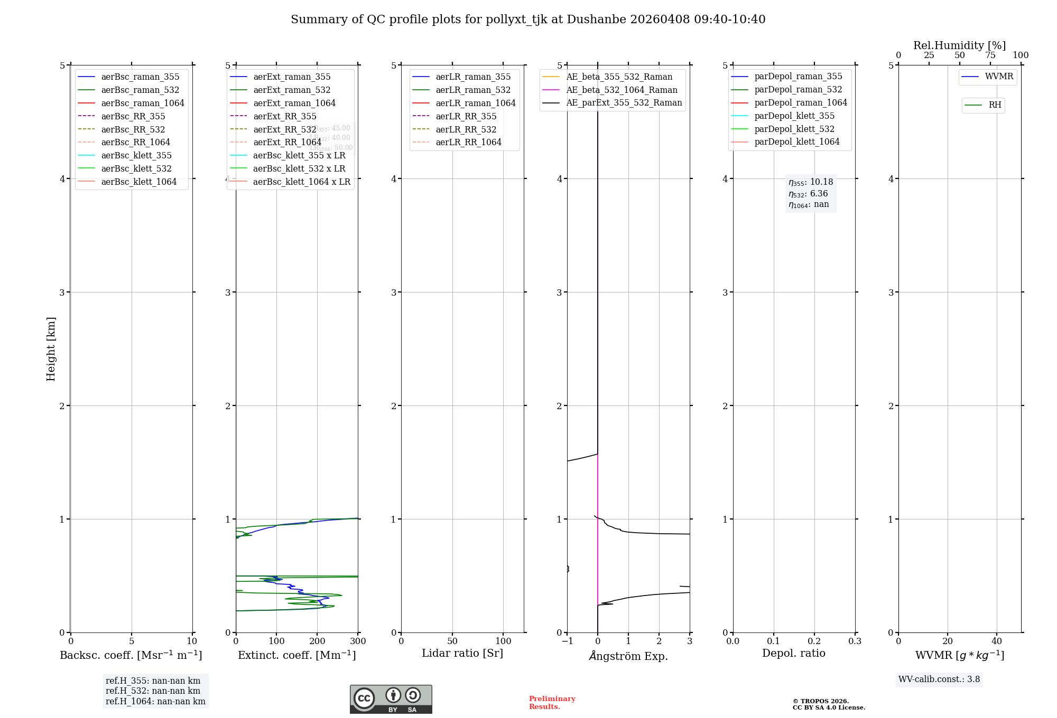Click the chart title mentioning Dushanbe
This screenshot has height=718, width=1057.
[x=528, y=20]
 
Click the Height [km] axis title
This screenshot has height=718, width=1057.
[x=51, y=348]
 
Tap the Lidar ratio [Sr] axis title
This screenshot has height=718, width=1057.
[x=462, y=653]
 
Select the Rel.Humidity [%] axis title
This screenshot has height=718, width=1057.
[x=959, y=45]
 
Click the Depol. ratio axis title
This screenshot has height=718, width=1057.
[x=793, y=653]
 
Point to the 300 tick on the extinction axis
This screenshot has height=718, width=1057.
[x=358, y=641]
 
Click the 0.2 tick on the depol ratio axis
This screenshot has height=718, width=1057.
[x=814, y=641]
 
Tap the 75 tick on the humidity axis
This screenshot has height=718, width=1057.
[x=990, y=55]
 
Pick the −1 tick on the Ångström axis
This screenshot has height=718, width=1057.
[x=567, y=641]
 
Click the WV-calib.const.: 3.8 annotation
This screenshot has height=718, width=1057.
[x=939, y=679]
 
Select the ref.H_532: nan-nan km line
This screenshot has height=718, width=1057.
[x=153, y=691]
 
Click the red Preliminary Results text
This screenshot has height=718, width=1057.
[x=552, y=703]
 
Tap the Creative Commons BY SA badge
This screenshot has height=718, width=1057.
[x=391, y=699]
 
